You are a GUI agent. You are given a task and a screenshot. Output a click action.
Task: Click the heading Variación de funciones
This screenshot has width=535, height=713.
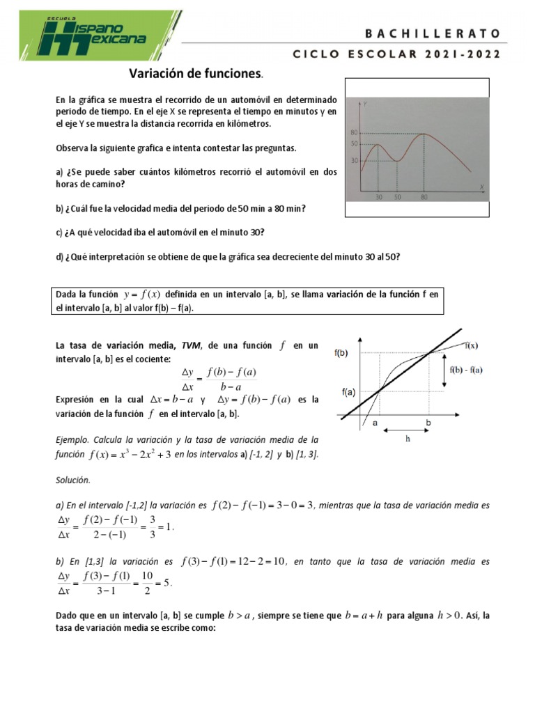coord(194,73)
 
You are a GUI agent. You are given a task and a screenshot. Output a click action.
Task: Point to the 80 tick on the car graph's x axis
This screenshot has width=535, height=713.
coord(424,197)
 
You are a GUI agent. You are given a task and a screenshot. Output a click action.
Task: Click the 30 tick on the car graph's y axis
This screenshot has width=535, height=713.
coord(354,160)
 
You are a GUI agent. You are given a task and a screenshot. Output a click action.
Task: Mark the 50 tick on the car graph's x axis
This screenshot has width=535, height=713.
coord(397,197)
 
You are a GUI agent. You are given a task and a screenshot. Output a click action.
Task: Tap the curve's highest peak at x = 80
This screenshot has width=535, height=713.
coord(424,133)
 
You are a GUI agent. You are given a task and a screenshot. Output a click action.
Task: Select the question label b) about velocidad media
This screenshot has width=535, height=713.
coord(59,209)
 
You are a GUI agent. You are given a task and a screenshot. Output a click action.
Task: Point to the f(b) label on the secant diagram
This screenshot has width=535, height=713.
coord(341,353)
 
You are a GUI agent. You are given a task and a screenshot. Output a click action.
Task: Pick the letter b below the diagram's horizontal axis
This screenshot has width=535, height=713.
coord(428,423)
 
